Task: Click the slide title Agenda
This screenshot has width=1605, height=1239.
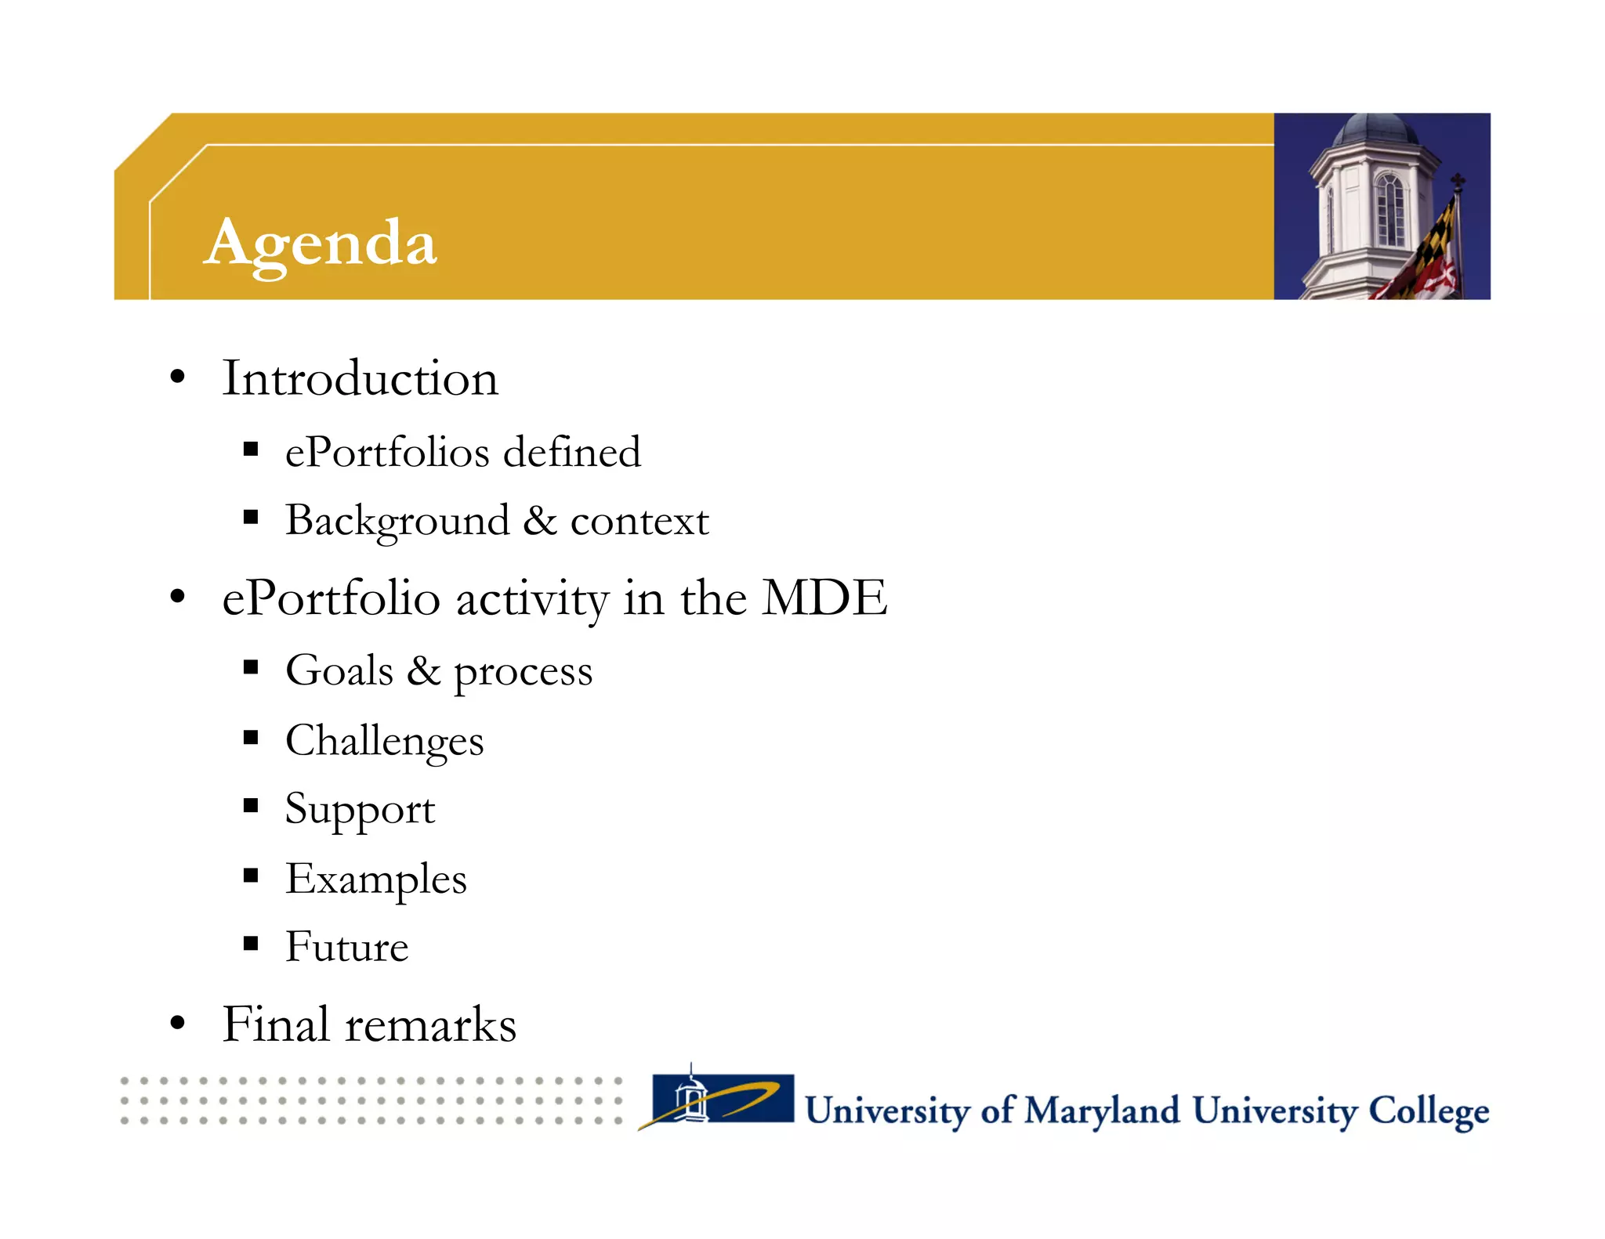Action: pos(320,244)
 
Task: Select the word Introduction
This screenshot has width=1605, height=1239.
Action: pos(360,378)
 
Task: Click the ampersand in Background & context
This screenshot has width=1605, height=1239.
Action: pos(539,520)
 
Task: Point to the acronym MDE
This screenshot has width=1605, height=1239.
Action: pos(824,598)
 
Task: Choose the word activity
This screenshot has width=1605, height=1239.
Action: pos(532,600)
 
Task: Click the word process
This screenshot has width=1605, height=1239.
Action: pos(523,672)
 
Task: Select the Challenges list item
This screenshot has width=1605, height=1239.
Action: pos(384,741)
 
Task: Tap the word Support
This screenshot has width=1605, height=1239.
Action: pos(360,810)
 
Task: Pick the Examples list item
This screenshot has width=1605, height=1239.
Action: pos(375,879)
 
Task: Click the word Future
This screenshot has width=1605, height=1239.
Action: pos(346,947)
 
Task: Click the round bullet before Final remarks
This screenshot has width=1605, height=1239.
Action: pos(178,1023)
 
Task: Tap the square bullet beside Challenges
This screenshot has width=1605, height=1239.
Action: pos(251,738)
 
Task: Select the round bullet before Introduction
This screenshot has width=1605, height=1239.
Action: pos(178,377)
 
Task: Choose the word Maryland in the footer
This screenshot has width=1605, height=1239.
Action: pos(1102,1111)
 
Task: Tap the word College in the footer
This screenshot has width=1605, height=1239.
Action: pos(1428,1111)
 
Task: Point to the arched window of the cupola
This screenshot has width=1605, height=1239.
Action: pos(1389,208)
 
